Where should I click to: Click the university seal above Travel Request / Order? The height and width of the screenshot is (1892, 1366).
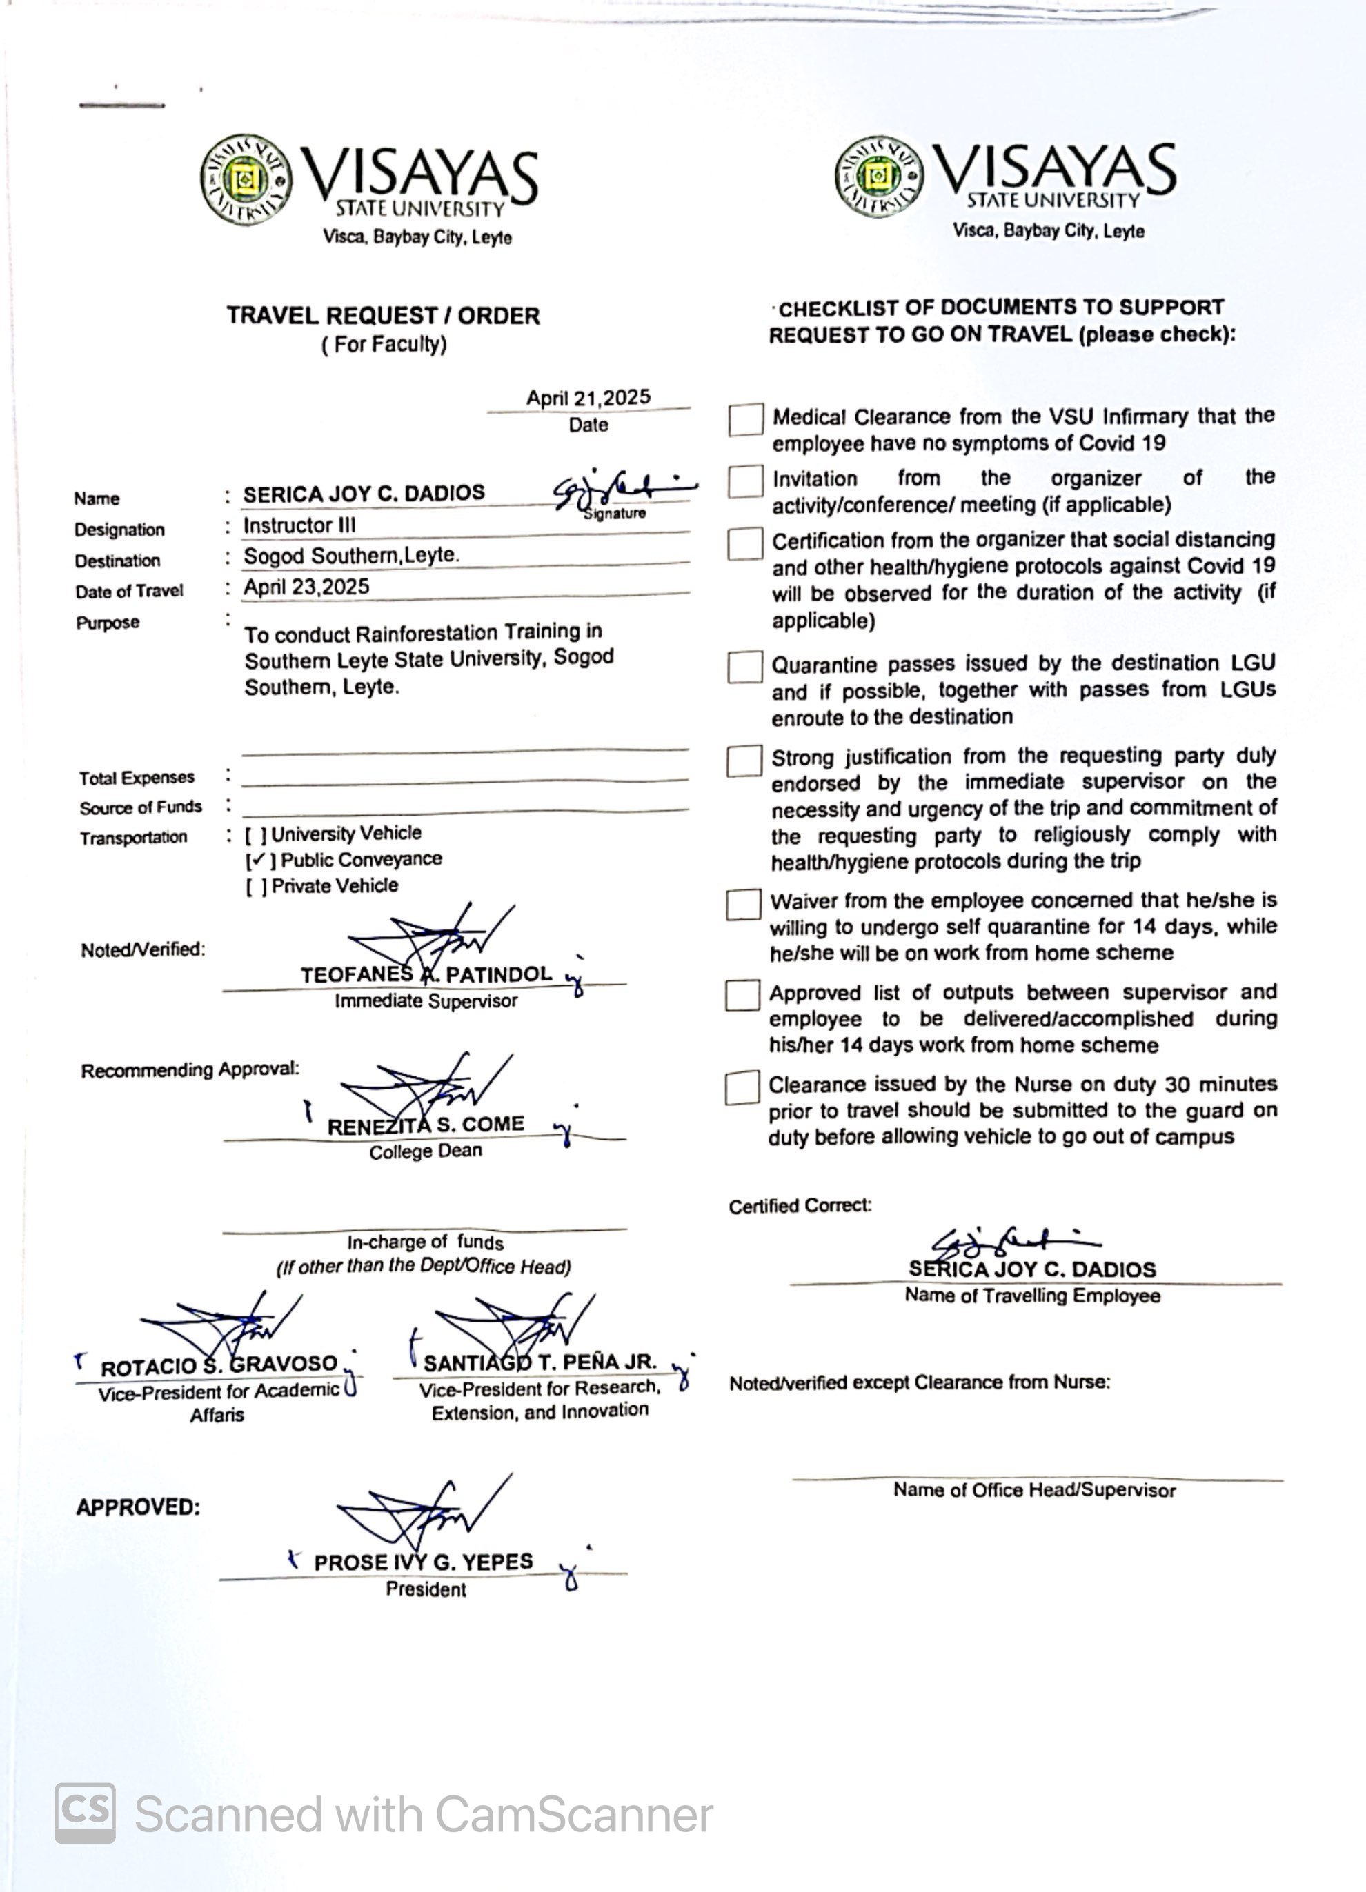246,179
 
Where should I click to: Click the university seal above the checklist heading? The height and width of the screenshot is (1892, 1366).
880,176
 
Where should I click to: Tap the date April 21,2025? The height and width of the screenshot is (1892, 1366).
588,398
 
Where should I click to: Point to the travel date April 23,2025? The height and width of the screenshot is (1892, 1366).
306,587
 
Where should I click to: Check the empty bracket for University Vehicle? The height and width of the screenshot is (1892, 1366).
255,834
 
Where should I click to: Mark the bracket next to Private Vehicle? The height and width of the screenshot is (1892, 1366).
256,886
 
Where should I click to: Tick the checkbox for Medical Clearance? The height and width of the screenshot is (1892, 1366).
745,420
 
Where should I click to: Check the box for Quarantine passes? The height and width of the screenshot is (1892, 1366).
744,667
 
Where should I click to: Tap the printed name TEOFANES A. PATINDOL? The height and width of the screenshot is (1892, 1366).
426,974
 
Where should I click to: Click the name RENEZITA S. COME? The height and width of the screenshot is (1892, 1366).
426,1125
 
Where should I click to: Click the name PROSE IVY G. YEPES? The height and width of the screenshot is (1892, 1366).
423,1562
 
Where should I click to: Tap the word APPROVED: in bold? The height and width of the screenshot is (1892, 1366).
138,1507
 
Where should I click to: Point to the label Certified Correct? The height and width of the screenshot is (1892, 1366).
800,1206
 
